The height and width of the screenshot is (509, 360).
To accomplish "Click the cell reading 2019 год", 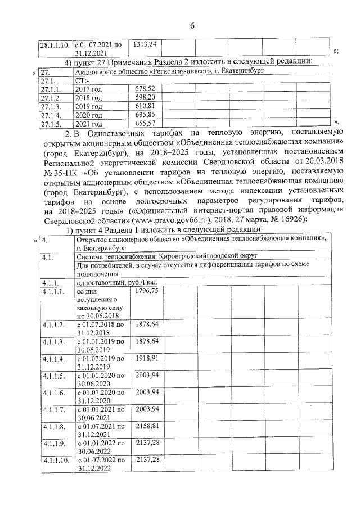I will [x=89, y=106].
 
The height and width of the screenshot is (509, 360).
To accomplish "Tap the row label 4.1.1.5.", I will [x=53, y=375].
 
